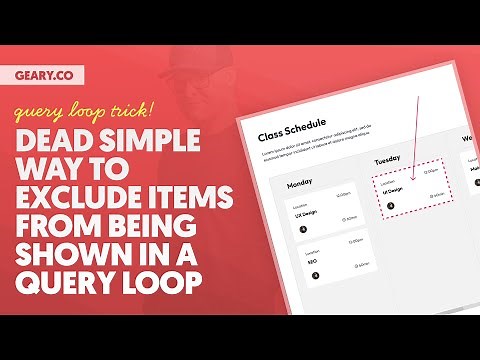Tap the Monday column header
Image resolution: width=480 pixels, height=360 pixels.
click(304, 185)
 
